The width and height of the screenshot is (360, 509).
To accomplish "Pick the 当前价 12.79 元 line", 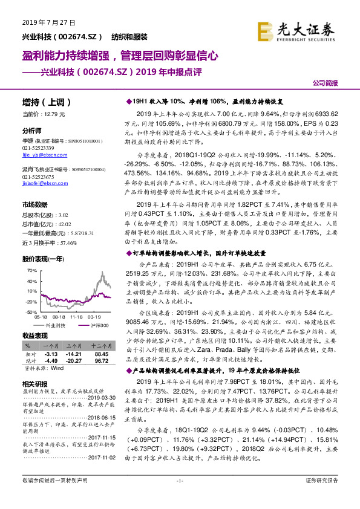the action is click(43, 114).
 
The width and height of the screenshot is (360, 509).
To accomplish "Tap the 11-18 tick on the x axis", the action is click(77, 316).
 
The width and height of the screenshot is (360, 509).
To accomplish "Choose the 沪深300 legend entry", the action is click(97, 325).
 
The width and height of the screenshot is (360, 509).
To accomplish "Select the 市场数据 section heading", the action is click(34, 206).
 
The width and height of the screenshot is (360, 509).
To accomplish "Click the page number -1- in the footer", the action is click(180, 497).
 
